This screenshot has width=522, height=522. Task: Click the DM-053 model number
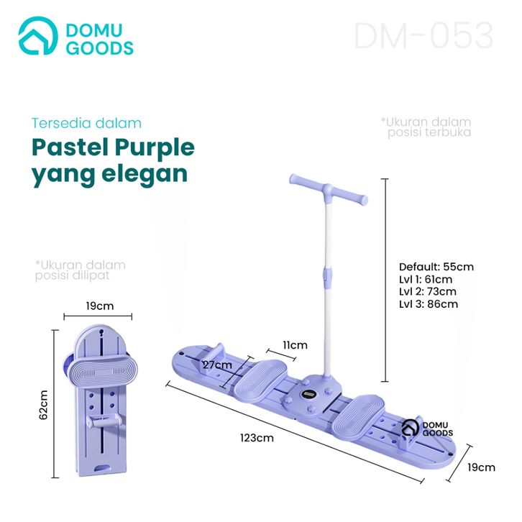(x=423, y=36)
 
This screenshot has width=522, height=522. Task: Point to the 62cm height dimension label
(x=43, y=405)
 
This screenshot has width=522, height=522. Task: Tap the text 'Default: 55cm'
(x=436, y=267)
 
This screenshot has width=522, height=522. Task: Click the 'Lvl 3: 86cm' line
(x=429, y=303)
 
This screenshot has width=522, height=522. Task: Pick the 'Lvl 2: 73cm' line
(x=428, y=291)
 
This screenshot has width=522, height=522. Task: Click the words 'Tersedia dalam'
(x=87, y=123)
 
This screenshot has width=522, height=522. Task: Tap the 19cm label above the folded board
(x=99, y=306)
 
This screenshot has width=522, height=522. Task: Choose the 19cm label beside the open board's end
(x=481, y=467)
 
